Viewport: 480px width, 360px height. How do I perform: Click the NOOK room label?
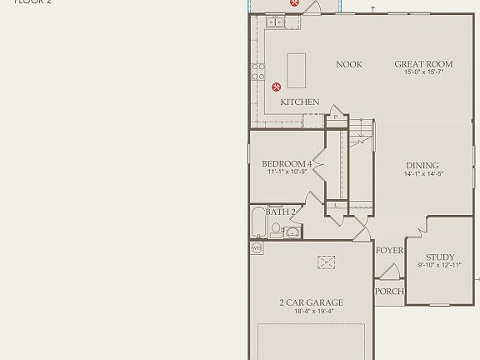349,64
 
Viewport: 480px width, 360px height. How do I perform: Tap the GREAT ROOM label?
423,64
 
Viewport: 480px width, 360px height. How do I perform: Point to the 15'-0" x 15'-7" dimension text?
423,72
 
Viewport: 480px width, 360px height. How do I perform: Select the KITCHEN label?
299,102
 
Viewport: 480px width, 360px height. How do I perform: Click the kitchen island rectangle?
297,70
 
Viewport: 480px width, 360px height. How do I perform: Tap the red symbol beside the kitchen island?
277,86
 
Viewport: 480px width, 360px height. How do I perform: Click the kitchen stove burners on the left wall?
259,71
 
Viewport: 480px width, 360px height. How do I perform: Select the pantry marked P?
336,117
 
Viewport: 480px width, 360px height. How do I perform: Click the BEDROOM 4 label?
287,163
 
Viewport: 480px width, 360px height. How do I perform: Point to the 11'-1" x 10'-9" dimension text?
287,172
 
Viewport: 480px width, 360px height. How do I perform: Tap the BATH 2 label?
281,212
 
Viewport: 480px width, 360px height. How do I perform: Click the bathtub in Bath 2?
257,222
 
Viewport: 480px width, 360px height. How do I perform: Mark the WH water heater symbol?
257,247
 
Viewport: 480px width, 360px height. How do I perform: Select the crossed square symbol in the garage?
325,262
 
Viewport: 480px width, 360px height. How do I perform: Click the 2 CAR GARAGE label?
311,302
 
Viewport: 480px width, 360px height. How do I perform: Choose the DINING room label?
422,165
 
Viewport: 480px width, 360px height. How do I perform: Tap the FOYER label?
389,250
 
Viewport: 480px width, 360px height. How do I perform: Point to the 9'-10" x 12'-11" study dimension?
439,266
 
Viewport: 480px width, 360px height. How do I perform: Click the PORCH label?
389,291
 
